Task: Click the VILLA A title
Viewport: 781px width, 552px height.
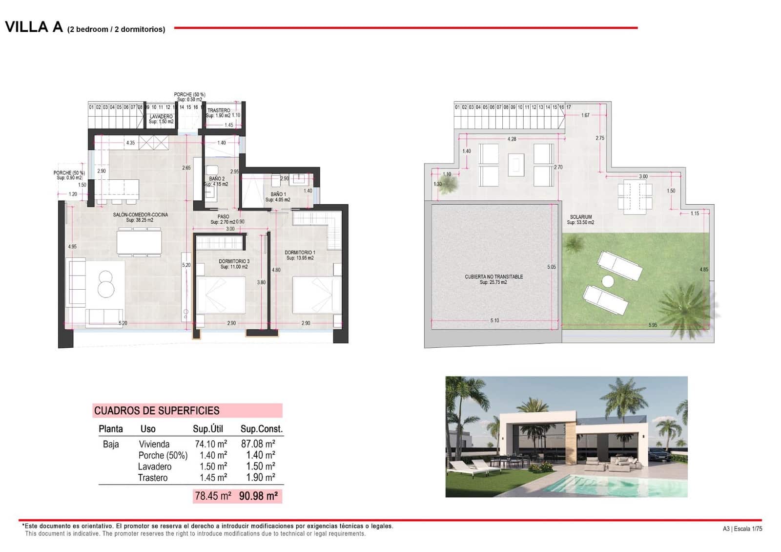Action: tap(34, 27)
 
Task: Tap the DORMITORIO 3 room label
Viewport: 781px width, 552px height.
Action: tap(234, 262)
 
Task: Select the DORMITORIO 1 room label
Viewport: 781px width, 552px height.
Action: tap(300, 253)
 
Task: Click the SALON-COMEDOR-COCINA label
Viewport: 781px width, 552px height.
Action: tap(141, 215)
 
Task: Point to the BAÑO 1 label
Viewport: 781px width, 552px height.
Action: tap(278, 194)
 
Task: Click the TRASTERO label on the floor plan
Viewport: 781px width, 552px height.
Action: tap(218, 110)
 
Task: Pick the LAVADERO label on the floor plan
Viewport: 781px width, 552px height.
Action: tap(161, 117)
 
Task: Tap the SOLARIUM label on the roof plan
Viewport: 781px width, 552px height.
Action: tap(580, 217)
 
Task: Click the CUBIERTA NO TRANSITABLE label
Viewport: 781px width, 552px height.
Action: tap(493, 277)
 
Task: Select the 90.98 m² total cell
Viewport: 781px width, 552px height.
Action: tap(258, 496)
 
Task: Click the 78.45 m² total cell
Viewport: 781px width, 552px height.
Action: tap(213, 496)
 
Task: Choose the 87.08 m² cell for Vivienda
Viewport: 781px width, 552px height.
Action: tap(258, 444)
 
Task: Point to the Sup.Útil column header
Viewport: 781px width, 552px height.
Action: tap(208, 429)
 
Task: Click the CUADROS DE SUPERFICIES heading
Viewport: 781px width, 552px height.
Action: tap(157, 411)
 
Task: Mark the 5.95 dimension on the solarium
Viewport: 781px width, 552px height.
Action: tap(653, 325)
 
